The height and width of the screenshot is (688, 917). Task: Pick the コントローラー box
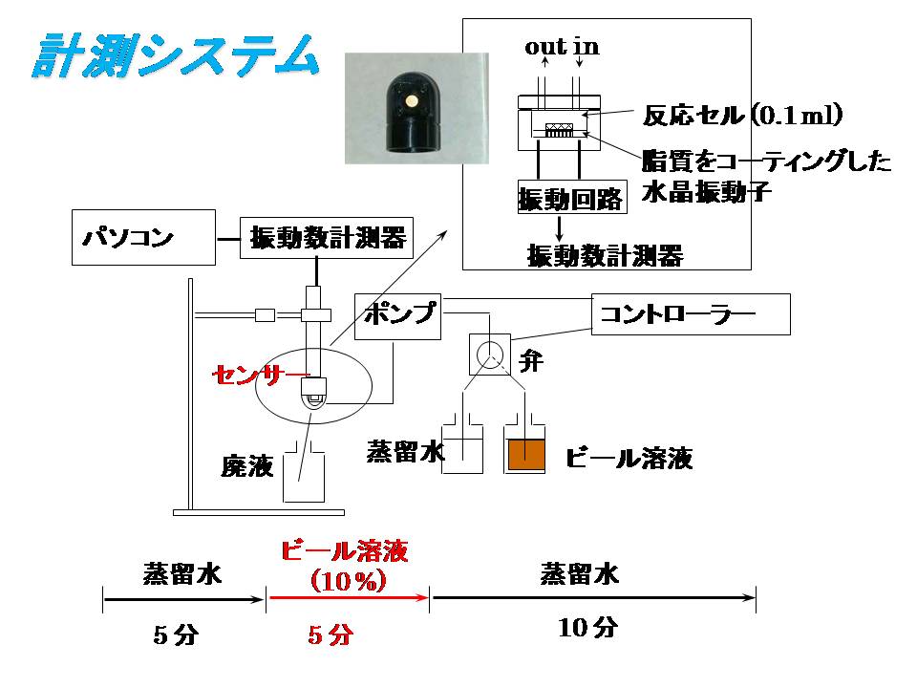[x=691, y=314]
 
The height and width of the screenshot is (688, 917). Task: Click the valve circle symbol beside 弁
[x=489, y=355]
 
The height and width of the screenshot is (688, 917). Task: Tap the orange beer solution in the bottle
[x=525, y=454]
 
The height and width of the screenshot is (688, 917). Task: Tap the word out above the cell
[x=544, y=47]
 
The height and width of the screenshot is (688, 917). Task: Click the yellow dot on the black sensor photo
[x=408, y=99]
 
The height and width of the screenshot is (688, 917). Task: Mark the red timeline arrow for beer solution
[x=349, y=599]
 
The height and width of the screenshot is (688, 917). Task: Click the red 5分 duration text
[x=331, y=634]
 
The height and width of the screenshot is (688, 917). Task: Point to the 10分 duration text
[x=588, y=628]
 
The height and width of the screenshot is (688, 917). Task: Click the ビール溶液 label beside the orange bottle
[x=628, y=458]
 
